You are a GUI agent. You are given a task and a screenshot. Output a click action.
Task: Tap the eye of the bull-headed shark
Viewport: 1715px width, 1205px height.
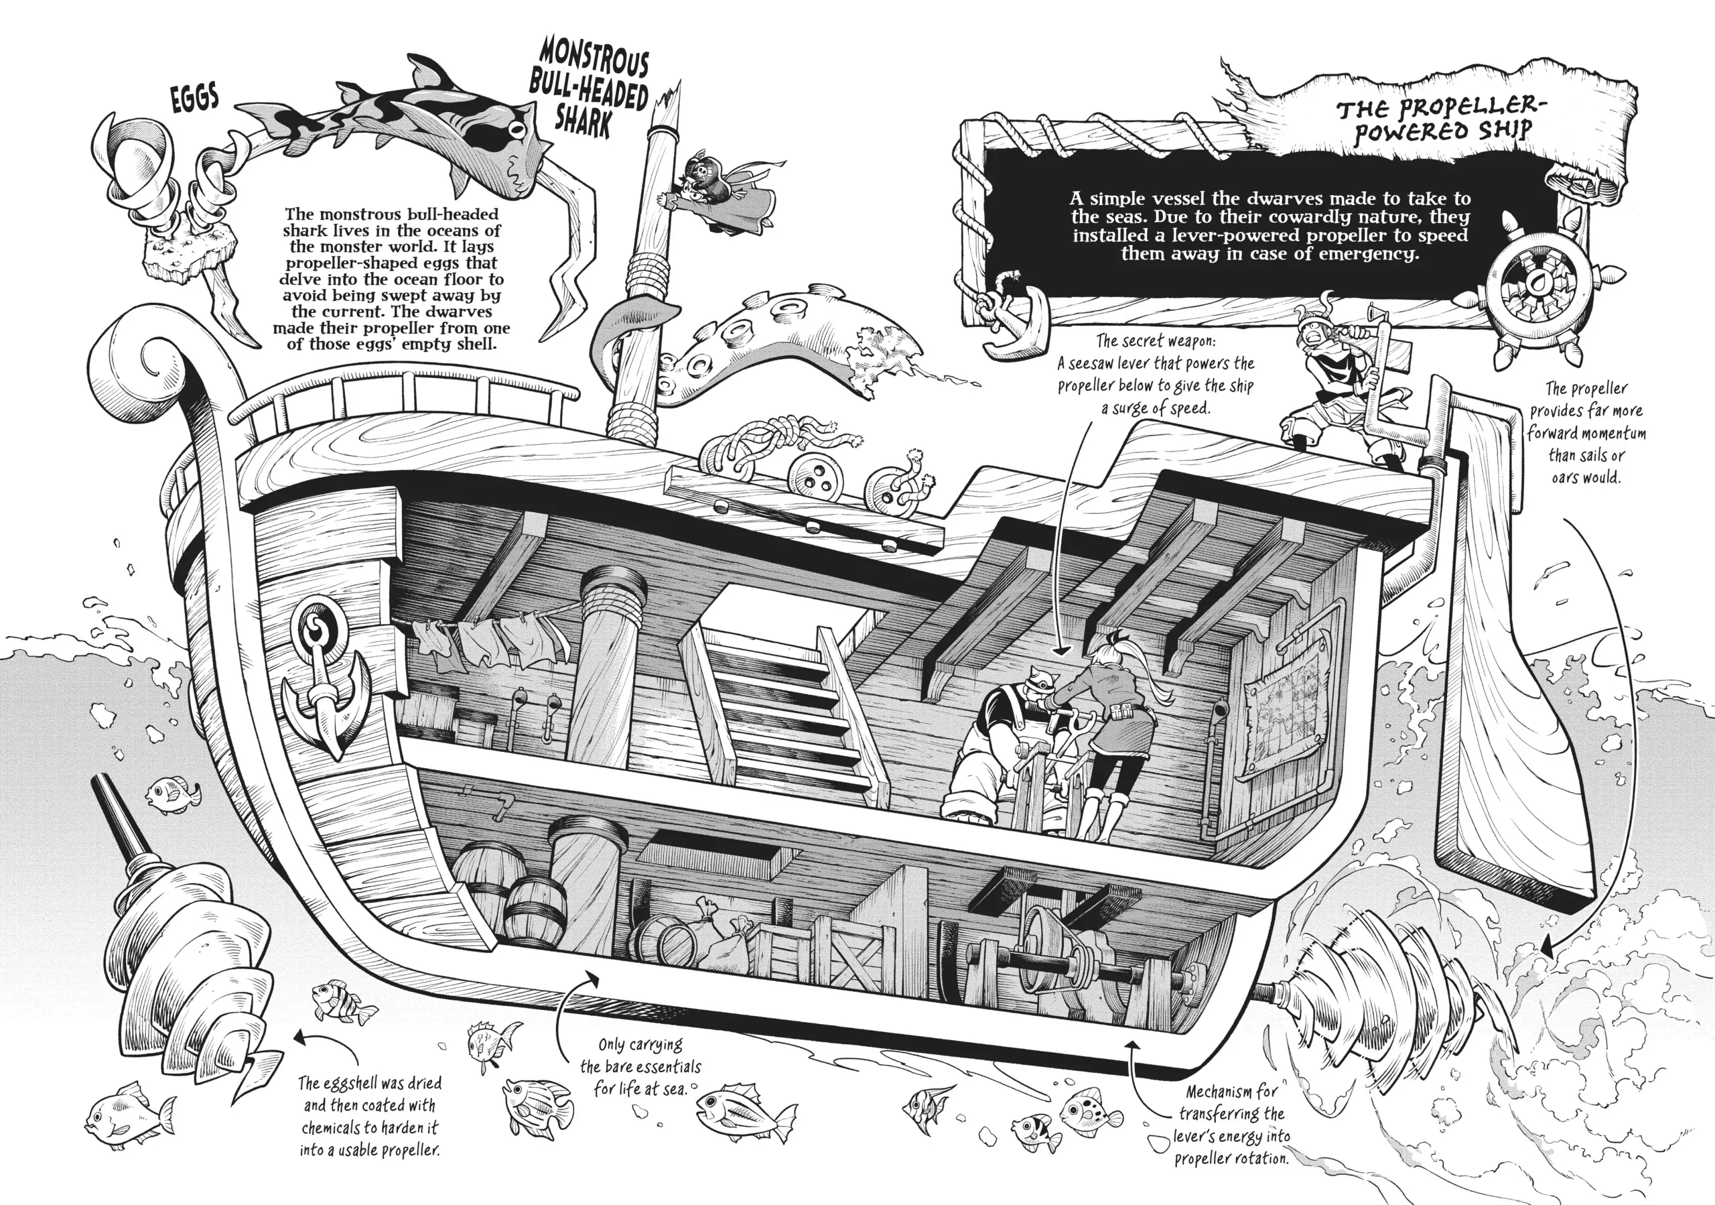(514, 129)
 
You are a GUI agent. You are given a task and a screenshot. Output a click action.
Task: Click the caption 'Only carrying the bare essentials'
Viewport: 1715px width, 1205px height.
(640, 1066)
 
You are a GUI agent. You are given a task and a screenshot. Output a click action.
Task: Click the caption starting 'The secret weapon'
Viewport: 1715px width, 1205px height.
(1155, 374)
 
